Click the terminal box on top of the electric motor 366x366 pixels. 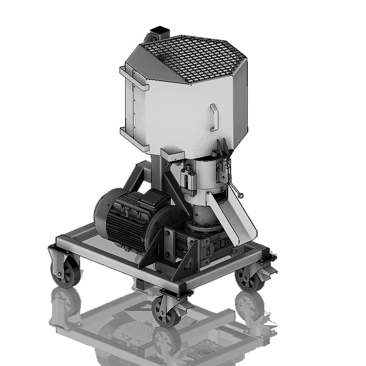154,198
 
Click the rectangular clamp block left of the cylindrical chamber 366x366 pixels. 187,179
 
